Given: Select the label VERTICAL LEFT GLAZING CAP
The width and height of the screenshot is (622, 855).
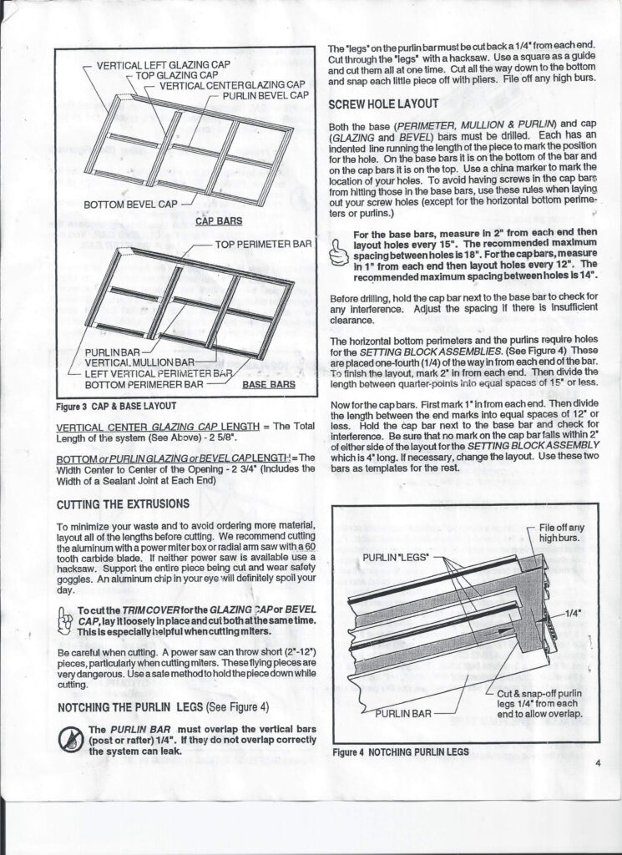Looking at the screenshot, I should coord(163,64).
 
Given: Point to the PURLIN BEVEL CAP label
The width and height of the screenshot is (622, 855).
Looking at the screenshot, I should coord(266,96).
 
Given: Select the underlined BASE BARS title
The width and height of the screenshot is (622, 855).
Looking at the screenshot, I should coord(269,385).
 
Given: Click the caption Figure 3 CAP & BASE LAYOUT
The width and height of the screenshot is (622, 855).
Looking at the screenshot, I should coord(115,407).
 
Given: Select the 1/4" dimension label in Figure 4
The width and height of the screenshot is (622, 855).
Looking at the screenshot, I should coord(574,611).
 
